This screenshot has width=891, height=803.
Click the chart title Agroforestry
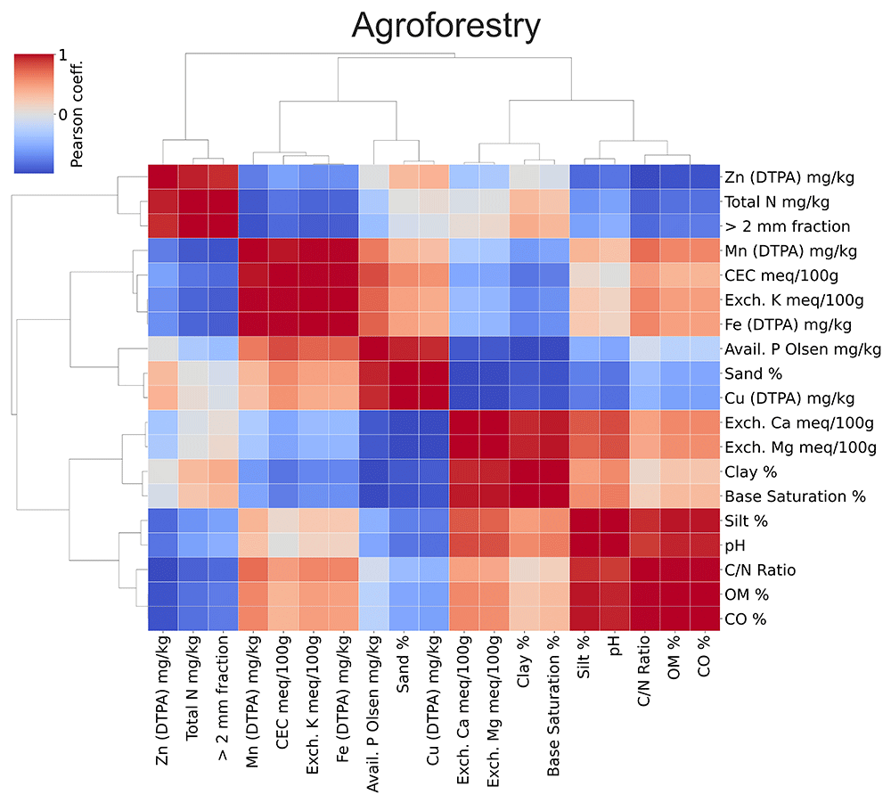pos(446,26)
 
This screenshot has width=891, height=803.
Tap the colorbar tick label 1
pos(62,55)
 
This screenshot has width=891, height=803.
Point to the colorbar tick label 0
pos(63,115)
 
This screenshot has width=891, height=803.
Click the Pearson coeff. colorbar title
pos(77,114)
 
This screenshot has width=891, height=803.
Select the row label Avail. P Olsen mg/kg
pos(803,349)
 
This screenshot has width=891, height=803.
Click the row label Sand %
pos(753,373)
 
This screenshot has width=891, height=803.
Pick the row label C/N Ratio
pos(760,570)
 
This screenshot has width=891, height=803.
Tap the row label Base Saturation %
pos(795,496)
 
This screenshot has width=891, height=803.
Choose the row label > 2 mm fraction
pos(787,226)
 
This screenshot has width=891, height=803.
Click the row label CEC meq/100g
pos(781,275)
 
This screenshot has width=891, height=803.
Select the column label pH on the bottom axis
pos(614,645)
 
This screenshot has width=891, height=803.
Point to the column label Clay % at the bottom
pos(523,661)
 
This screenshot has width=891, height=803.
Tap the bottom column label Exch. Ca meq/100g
pos(463,709)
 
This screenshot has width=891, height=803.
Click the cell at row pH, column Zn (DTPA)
pos(163,545)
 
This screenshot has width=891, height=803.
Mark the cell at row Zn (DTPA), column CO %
pos(705,176)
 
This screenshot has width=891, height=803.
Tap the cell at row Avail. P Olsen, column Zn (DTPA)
pos(163,349)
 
